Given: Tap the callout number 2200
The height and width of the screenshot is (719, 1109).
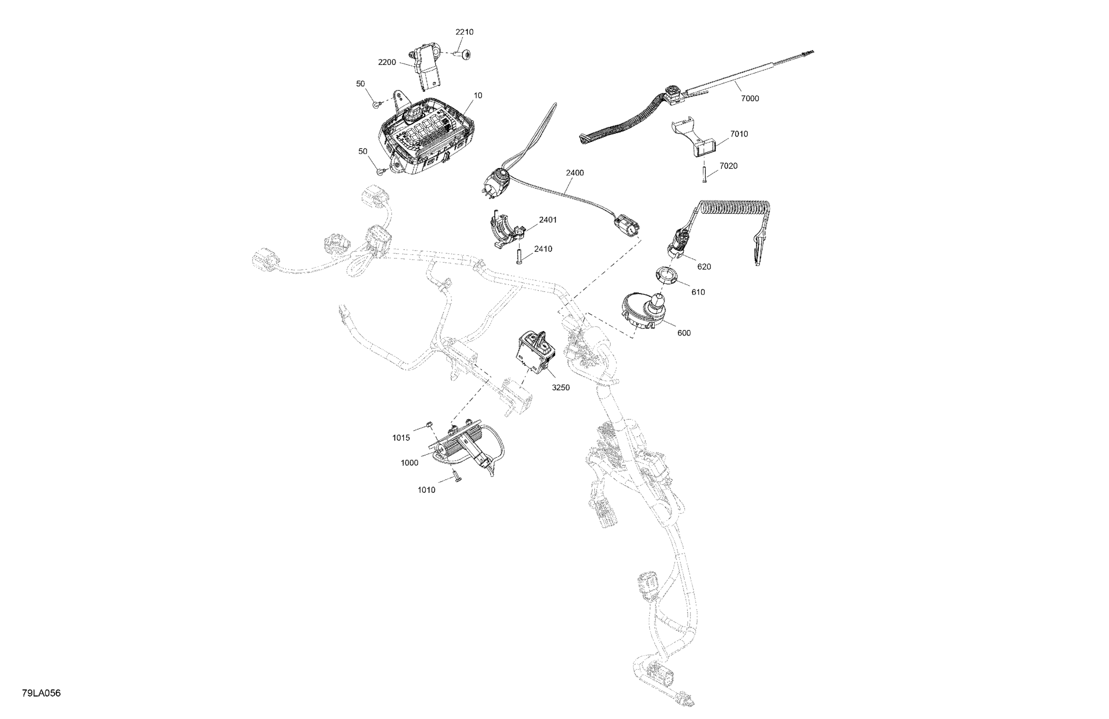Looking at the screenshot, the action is tap(387, 62).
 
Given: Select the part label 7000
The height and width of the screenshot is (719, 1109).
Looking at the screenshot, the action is tap(750, 98).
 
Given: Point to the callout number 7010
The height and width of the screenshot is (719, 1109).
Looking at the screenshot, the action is tap(739, 134).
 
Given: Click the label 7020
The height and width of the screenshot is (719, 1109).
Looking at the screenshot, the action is tap(729, 166).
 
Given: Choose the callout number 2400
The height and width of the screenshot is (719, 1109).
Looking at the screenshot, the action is tap(574, 173).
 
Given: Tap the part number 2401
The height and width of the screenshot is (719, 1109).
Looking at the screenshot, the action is tap(548, 220).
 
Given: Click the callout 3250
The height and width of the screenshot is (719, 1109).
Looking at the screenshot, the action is tap(560, 388).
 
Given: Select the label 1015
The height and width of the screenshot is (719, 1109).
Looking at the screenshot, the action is tap(401, 438).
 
